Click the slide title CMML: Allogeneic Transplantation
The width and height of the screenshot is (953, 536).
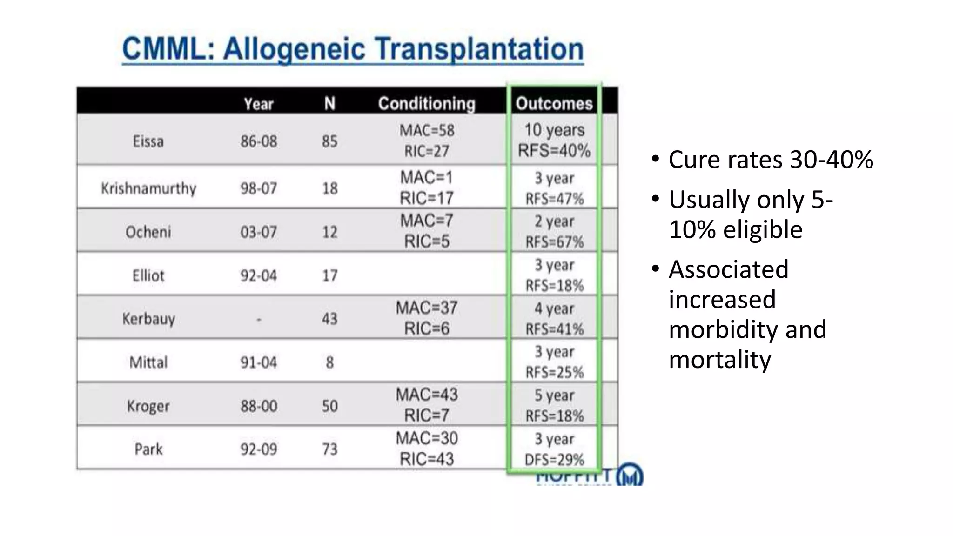coord(353,49)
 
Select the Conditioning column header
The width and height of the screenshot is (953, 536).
coord(426,103)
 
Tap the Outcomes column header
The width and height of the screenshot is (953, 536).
coord(554,103)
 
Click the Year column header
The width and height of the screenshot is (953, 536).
coord(259,103)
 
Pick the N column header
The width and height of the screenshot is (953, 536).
coord(329,103)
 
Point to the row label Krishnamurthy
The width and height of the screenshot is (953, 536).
coord(148,188)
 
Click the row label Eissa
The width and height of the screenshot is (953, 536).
coord(148,141)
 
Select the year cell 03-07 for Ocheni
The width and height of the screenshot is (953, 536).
coord(259,232)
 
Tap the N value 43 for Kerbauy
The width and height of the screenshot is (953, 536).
coord(329,319)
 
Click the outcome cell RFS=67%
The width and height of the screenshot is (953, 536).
coord(554,241)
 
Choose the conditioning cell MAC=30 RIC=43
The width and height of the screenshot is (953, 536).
coord(426,449)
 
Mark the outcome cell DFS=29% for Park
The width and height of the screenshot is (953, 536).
coord(554,459)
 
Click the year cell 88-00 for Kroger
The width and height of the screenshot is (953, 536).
coord(259,406)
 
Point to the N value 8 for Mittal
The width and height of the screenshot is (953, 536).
coord(329,362)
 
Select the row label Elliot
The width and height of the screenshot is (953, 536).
coord(148,275)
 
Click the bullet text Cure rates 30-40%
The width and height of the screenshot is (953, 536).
coord(771,160)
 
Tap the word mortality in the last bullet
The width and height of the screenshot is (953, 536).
coord(720,360)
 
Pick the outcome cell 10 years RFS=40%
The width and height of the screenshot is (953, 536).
coord(554,140)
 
